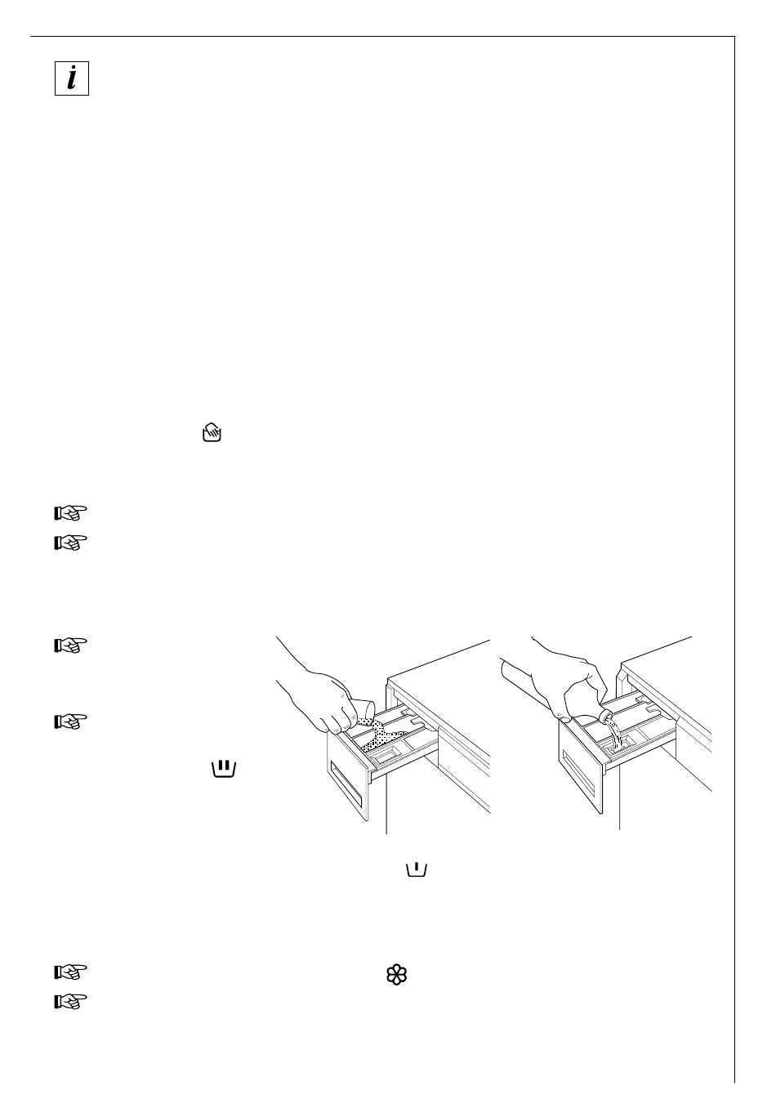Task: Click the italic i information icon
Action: pyautogui.click(x=72, y=79)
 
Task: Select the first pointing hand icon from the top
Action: pyautogui.click(x=70, y=513)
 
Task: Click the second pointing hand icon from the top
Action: pyautogui.click(x=70, y=543)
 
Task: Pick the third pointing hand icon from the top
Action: pyautogui.click(x=70, y=646)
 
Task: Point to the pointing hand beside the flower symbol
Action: pyautogui.click(x=70, y=972)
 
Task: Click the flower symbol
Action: pyautogui.click(x=396, y=974)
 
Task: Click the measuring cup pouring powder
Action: pyautogui.click(x=360, y=708)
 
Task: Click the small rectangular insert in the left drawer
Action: pyautogui.click(x=381, y=752)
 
